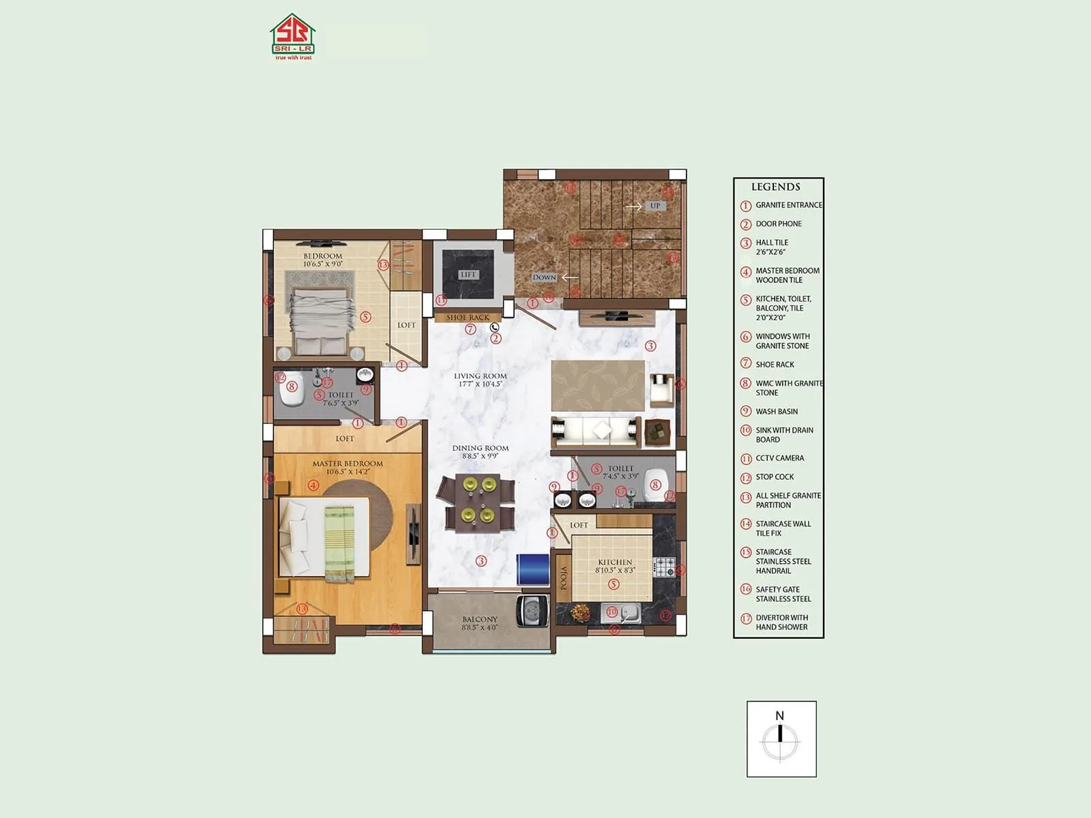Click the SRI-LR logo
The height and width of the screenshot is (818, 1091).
(x=293, y=37)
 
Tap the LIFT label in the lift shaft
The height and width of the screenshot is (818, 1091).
(x=468, y=275)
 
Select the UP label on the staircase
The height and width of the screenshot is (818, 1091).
(x=655, y=206)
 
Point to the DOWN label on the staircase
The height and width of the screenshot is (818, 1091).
(x=544, y=277)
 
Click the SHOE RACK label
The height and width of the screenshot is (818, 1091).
(x=468, y=318)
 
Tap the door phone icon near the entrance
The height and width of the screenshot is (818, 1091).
(x=494, y=328)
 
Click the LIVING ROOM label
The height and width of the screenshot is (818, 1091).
(x=481, y=376)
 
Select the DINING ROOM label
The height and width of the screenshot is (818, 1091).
(x=481, y=449)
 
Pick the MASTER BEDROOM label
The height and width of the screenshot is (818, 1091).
(x=348, y=464)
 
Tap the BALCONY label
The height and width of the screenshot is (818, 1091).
(x=480, y=620)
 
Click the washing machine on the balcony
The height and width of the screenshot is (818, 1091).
(x=532, y=610)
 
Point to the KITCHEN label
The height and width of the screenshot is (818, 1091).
(x=615, y=562)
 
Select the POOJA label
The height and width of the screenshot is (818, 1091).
(x=564, y=579)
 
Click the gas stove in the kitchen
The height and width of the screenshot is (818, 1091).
(x=664, y=566)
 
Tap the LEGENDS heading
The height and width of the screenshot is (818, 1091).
(x=775, y=187)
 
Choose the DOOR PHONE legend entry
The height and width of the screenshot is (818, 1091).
(x=778, y=224)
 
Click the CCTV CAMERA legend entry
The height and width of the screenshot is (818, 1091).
(x=779, y=458)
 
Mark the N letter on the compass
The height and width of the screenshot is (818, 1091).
(x=779, y=716)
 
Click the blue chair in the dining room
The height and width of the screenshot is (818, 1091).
(x=533, y=569)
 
